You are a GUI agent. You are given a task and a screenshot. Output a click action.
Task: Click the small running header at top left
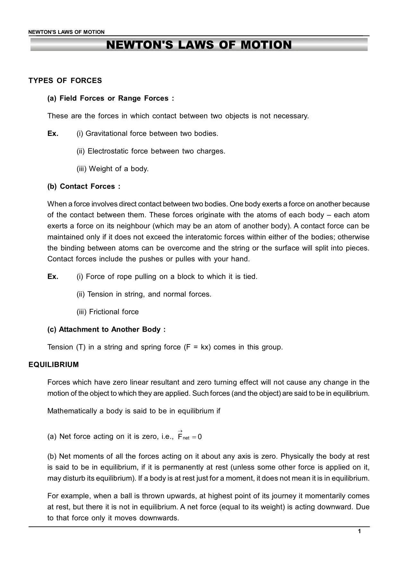click(66, 32)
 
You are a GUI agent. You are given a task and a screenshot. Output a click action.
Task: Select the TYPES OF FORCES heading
click(65, 81)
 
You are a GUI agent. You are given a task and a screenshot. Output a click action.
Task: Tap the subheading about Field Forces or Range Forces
click(111, 98)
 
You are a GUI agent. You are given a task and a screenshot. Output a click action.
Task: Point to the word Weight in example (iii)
click(99, 169)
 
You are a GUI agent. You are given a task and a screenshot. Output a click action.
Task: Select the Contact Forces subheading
click(84, 186)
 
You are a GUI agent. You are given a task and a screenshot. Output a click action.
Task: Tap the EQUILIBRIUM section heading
click(54, 365)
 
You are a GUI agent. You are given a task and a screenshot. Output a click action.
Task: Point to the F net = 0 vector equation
click(189, 436)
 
